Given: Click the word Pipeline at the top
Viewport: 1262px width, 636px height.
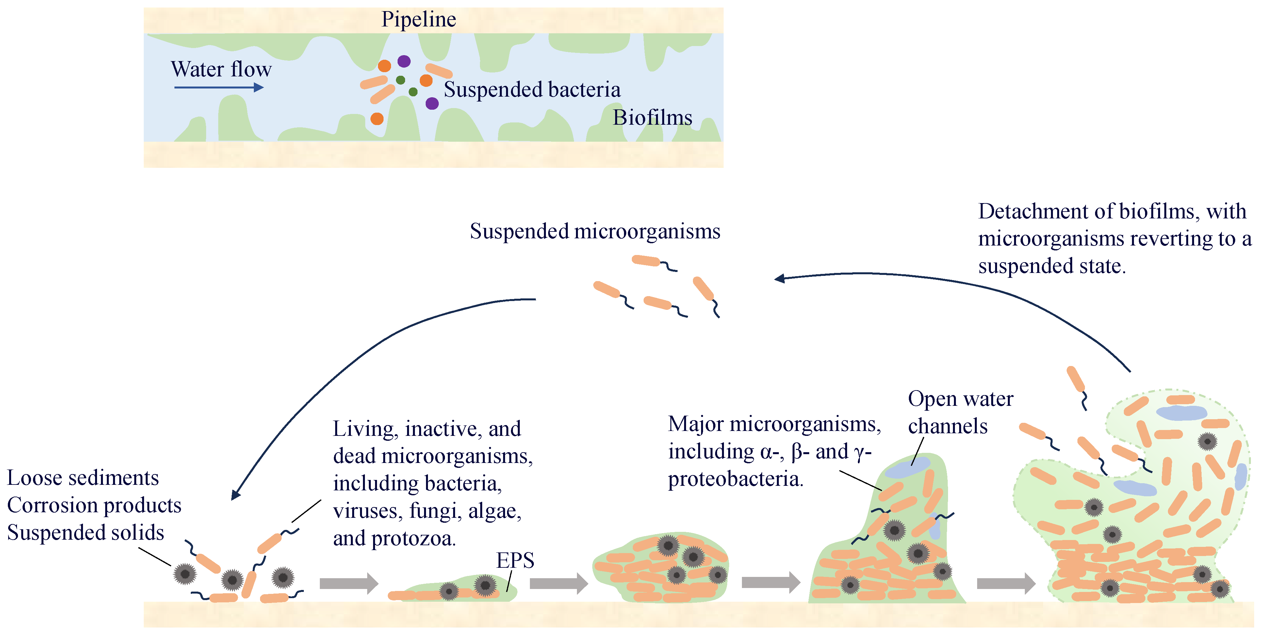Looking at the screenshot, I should tap(419, 20).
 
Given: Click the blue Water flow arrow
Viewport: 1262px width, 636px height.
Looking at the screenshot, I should tap(219, 87).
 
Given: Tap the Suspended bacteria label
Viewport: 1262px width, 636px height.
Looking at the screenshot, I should tap(532, 89).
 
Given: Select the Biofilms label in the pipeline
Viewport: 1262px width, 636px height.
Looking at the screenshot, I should tap(652, 118).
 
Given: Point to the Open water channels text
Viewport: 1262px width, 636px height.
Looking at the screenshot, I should tap(960, 412).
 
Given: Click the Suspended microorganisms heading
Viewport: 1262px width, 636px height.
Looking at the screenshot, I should tap(595, 231).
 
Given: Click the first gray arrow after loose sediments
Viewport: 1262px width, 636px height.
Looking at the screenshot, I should tap(349, 583).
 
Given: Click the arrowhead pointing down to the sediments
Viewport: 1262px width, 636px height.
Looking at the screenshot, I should tap(236, 495).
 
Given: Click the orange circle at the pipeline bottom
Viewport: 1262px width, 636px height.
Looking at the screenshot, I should tap(377, 119).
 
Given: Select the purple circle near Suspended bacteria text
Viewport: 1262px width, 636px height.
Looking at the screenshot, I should tap(432, 103).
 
